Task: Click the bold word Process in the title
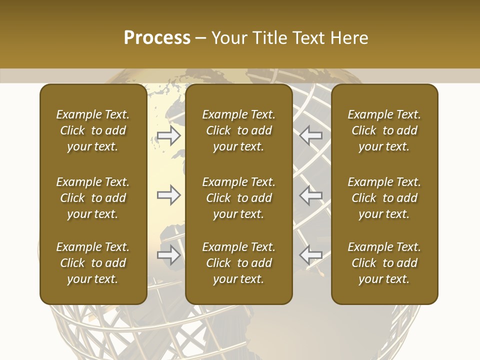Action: (x=157, y=38)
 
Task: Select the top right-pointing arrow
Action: (x=168, y=135)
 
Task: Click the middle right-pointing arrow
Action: (x=168, y=195)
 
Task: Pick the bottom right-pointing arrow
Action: (x=168, y=255)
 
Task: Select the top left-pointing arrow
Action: (x=311, y=135)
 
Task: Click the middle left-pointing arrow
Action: (x=311, y=195)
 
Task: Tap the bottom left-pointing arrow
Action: (x=311, y=255)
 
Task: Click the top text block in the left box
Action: (x=93, y=130)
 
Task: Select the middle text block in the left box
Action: (x=93, y=198)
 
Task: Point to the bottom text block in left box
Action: (x=93, y=263)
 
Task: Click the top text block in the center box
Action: (x=238, y=130)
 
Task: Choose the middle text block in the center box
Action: (x=238, y=198)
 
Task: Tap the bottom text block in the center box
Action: (x=238, y=263)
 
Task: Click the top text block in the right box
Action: (x=384, y=130)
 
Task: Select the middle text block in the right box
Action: (x=384, y=198)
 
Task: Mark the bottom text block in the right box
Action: (x=384, y=263)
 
